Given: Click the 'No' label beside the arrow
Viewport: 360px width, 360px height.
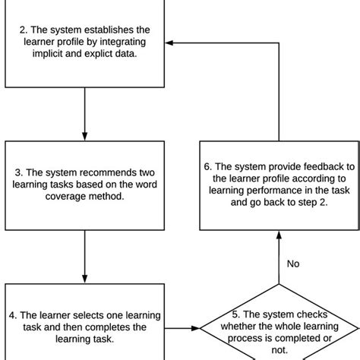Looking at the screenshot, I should click(x=293, y=264).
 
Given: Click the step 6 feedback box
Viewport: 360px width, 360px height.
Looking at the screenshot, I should click(x=279, y=185).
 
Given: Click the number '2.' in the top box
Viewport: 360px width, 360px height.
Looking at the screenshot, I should click(x=24, y=31).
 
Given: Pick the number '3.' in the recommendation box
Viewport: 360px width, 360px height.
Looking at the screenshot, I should click(x=24, y=173).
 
